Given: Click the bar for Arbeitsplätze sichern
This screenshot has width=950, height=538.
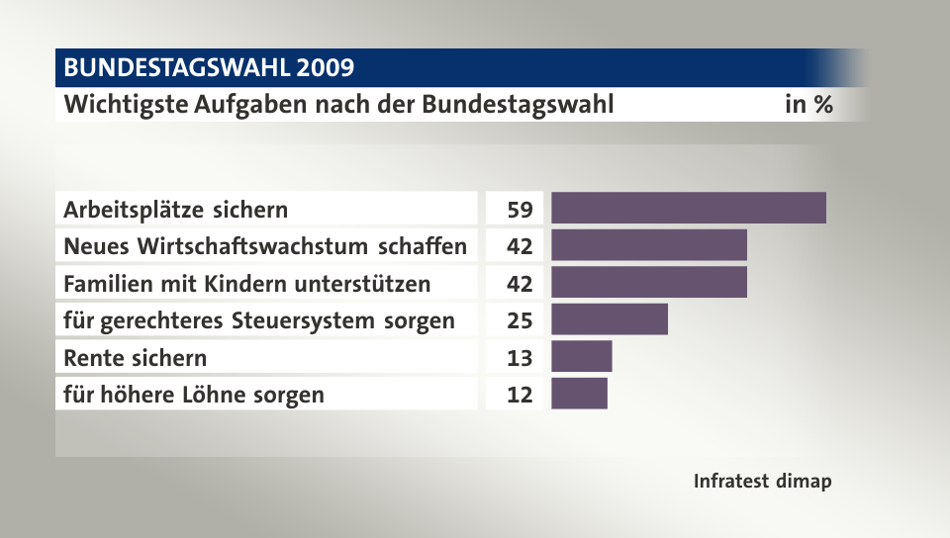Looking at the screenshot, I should pos(688,209).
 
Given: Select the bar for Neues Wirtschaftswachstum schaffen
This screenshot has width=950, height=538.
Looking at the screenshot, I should pos(648,245).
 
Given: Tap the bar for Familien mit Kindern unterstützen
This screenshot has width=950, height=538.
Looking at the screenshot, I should pos(648,283).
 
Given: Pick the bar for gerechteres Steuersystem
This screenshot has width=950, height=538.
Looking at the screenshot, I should pos(609,319).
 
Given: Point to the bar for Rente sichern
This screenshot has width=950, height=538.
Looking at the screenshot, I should pos(581,356).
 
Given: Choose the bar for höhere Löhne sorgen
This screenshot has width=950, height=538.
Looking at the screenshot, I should pos(579,394).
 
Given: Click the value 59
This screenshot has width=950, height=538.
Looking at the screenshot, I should pos(520,210).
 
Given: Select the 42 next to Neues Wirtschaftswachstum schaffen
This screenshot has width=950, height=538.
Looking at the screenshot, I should pos(520,246).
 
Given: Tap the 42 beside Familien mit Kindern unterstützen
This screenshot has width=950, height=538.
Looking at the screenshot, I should pos(520,284).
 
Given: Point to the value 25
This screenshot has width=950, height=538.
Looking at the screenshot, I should pos(520,320).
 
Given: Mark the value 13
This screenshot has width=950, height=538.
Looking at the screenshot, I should pos(520,357).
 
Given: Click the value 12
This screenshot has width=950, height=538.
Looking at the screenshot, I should pos(520,395).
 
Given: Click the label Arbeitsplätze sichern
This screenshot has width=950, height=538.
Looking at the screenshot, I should pos(176,210).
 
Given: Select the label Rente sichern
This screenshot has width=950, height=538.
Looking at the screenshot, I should pos(136,357).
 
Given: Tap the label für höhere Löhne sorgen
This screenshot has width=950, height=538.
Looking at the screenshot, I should pos(194,395).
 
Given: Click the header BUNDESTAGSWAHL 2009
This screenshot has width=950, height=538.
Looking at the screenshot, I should pos(209,68).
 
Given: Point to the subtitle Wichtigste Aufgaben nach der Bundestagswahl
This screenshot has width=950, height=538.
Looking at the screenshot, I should pos(338,104).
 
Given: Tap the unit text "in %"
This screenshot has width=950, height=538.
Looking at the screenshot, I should pos(807,104).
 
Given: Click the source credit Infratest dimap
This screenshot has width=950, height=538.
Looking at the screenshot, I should pos(762,482).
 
